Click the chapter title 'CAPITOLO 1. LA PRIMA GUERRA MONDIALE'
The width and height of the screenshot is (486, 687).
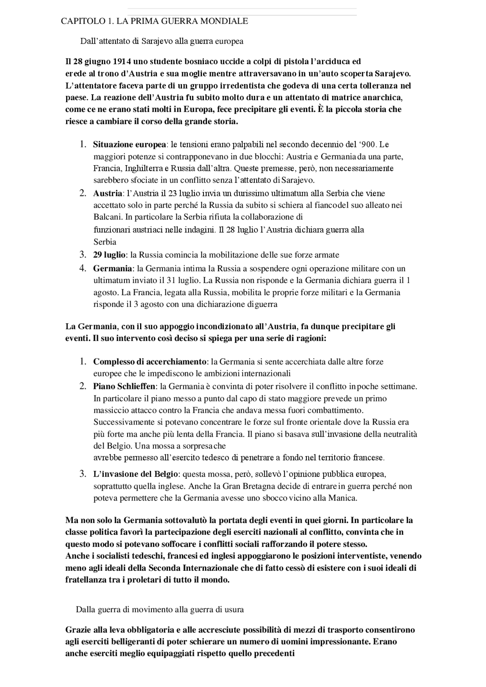pyautogui.click(x=154, y=21)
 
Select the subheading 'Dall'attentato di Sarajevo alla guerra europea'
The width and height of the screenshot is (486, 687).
pyautogui.click(x=161, y=41)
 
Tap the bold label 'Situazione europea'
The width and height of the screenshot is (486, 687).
pyautogui.click(x=129, y=145)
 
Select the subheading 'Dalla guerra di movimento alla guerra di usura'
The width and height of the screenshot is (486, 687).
pyautogui.click(x=159, y=610)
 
